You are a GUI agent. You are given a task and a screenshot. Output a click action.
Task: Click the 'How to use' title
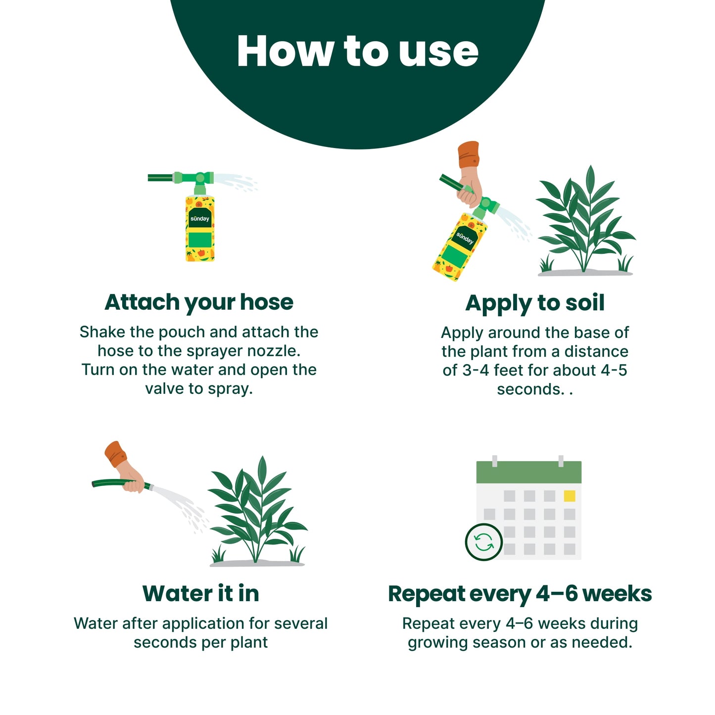coord(358,51)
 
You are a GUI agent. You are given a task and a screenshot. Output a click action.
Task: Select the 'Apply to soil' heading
coord(535,304)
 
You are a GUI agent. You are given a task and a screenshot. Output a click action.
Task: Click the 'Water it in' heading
coord(200,594)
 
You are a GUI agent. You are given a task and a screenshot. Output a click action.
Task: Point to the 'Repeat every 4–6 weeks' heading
coord(520,594)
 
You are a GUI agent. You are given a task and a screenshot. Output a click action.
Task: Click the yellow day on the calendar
coord(569,496)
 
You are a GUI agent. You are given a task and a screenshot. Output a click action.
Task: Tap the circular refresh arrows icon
coord(484,542)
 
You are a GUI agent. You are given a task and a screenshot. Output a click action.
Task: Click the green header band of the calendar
coord(528,472)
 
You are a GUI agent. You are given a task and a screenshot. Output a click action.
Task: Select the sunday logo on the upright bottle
coord(200,219)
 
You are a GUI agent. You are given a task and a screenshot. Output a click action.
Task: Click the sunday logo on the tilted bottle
coord(465,238)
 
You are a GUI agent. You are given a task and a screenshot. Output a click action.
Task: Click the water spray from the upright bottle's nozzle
coord(236,182)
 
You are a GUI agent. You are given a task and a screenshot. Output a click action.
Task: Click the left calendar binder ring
coord(495,461)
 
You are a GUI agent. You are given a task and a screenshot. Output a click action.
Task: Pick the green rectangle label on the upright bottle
coord(200,239)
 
